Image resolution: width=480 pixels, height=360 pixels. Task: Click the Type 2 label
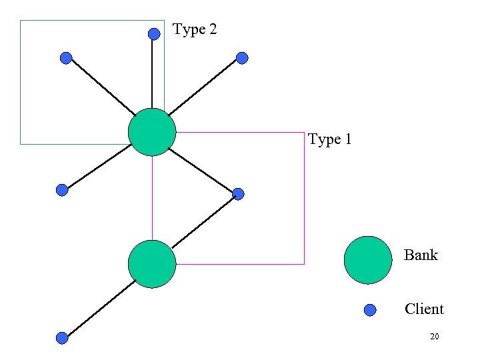tap(195, 30)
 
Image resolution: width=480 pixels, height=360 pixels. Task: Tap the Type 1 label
tap(330, 139)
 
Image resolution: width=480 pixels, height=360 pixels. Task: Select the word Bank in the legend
tap(421, 255)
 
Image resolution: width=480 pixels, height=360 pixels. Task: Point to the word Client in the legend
tap(423, 309)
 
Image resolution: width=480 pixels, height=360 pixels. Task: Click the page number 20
tap(434, 337)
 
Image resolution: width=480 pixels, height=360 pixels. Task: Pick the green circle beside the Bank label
tap(368, 260)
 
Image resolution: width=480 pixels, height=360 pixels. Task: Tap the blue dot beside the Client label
tap(371, 309)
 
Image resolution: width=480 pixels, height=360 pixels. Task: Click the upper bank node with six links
tap(152, 132)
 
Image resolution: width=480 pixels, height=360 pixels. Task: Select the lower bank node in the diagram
tap(152, 264)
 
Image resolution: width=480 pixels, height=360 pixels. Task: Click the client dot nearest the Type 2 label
tap(154, 33)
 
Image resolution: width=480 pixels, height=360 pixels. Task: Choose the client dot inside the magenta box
tap(238, 194)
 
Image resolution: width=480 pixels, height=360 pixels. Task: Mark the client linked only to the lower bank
tap(62, 338)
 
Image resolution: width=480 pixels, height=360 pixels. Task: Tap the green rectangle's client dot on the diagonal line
tap(66, 58)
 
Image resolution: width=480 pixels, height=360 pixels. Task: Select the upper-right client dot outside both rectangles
tap(242, 58)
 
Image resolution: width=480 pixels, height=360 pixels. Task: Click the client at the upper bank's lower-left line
tap(62, 190)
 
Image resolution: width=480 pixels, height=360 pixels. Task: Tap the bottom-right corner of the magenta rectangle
tap(304, 264)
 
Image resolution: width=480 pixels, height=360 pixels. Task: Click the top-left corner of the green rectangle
tap(21, 21)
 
